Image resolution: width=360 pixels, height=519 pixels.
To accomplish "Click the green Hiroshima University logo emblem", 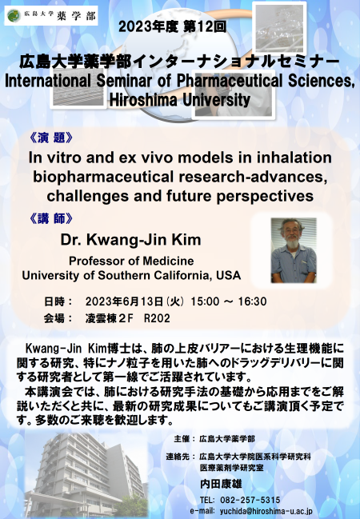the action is pos(14,15).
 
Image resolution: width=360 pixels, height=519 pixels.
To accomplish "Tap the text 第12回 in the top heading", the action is pos(204,27).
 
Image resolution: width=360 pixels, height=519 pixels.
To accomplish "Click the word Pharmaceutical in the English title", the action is pos(230,81).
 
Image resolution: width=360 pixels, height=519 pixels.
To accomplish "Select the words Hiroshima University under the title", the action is pos(180,100).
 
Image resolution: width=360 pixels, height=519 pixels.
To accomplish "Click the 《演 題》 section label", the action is pos(51,138).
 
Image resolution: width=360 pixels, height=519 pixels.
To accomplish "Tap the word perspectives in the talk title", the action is pos(265,196).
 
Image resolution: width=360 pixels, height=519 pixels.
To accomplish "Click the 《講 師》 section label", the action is pos(51,218).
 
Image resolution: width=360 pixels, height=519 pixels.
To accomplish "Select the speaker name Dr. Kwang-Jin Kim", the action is pos(130,240).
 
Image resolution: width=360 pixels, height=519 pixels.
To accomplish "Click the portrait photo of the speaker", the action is pos(294,250).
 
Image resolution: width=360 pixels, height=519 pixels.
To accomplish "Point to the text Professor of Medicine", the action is pos(131,261).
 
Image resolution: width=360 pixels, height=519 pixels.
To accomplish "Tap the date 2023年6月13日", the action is pos(124,301).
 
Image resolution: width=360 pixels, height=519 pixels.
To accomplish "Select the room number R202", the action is pos(157,318).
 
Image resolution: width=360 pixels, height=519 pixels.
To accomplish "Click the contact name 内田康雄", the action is pos(221,484).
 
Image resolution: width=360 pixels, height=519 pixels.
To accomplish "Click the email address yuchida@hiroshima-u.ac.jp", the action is pos(266,511).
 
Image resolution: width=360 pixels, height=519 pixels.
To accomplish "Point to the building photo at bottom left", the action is pos(86,476).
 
